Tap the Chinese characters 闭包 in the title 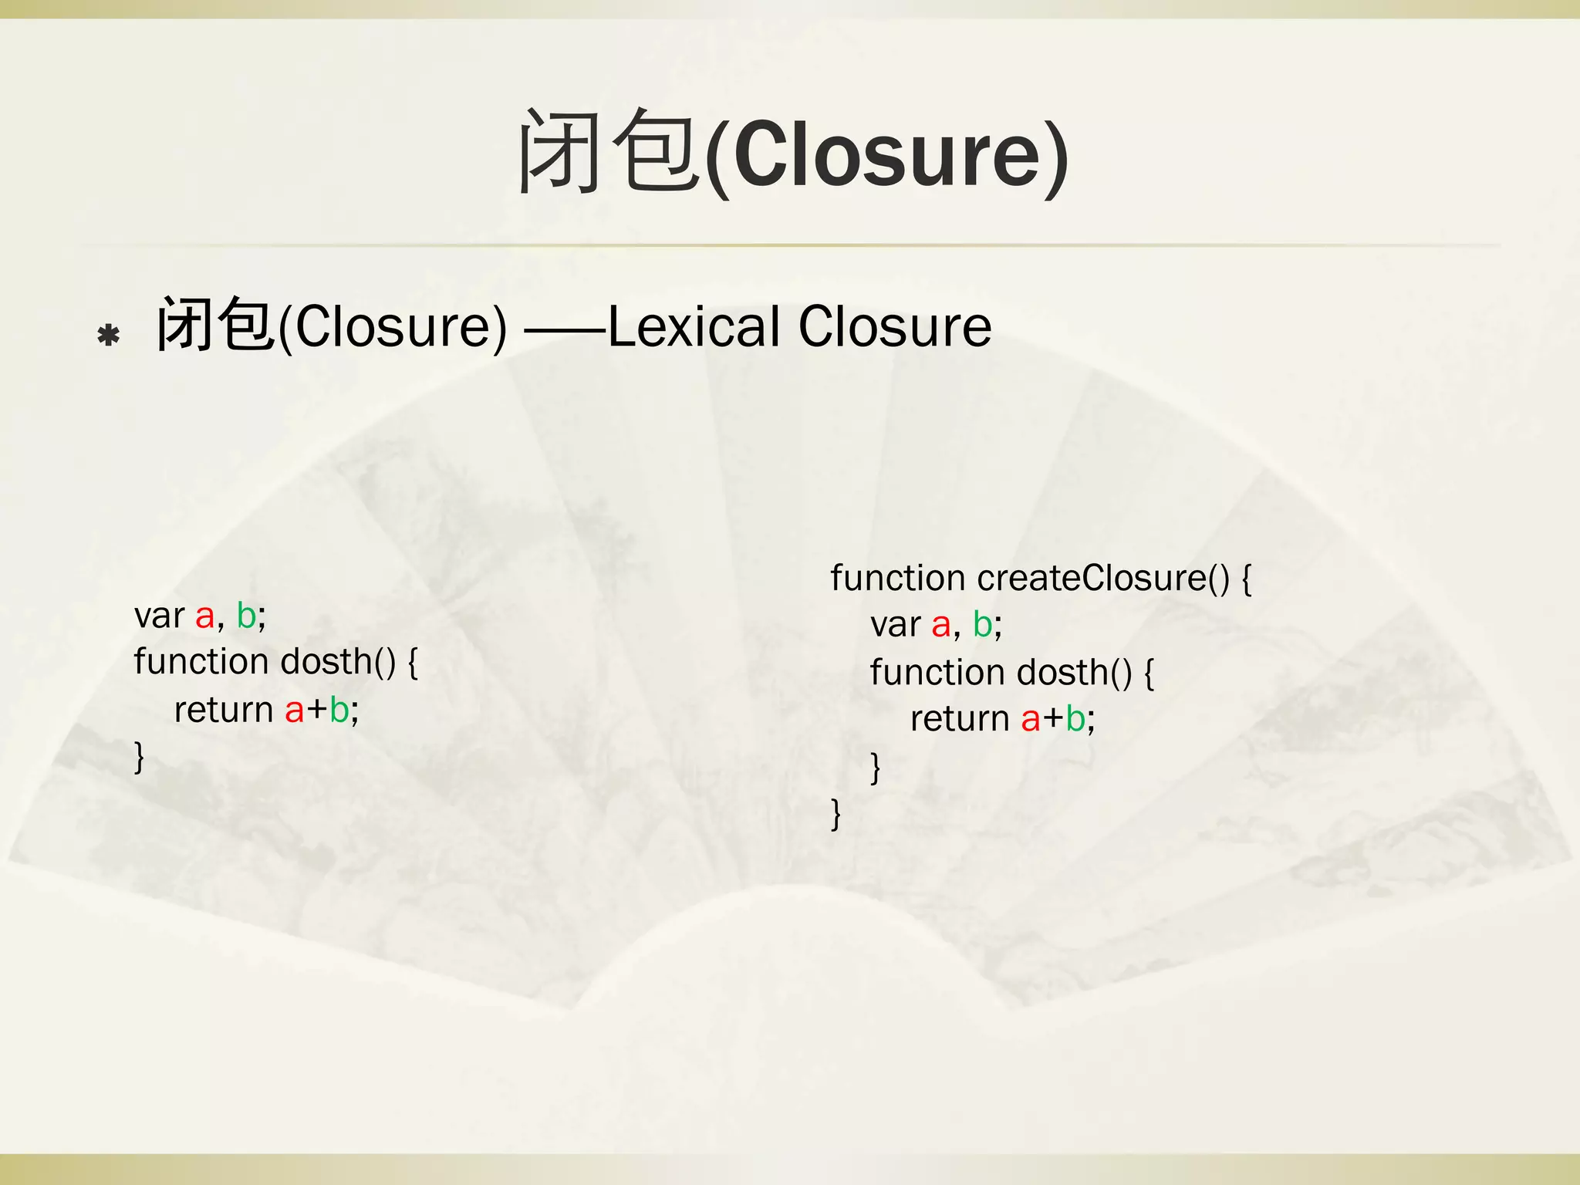(609, 151)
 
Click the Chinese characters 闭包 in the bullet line (215, 325)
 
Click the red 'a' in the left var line (204, 616)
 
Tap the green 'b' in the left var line (246, 616)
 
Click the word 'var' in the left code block (159, 616)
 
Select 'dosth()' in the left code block (338, 662)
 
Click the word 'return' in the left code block (224, 710)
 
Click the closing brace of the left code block (139, 757)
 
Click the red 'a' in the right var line (940, 626)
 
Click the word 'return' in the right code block (960, 720)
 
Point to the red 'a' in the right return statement (1031, 720)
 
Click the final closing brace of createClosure (836, 814)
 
